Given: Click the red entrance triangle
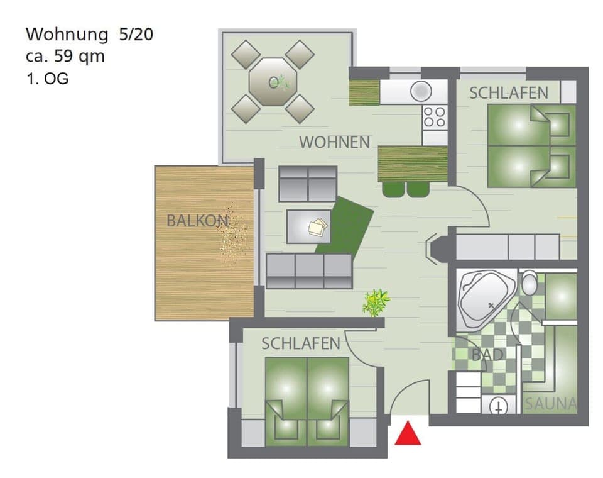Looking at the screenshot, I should coord(408,434).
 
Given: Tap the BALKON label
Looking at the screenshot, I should coord(197,221).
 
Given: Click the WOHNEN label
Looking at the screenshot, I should coord(334,142).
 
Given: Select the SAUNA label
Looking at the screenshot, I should coord(550,404).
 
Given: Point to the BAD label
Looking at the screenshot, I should coord(487,355).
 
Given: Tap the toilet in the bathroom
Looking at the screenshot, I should coord(529,284).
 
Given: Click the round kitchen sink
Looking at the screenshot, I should coord(421,91).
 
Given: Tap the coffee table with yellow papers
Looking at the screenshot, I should coord(308,226).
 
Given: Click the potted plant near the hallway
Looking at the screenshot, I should coord(376,302).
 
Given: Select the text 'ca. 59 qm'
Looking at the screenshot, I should coord(65,56).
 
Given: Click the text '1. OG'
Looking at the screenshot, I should coord(47,79).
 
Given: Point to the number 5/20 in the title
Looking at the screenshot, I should coord(136,34).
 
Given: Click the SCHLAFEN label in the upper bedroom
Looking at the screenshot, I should coord(509,93).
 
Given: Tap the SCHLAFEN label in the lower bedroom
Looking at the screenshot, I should coord(301,343).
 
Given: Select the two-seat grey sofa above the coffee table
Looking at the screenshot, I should coord(308,184).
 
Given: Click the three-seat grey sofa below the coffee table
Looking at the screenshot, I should coord(309,271).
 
